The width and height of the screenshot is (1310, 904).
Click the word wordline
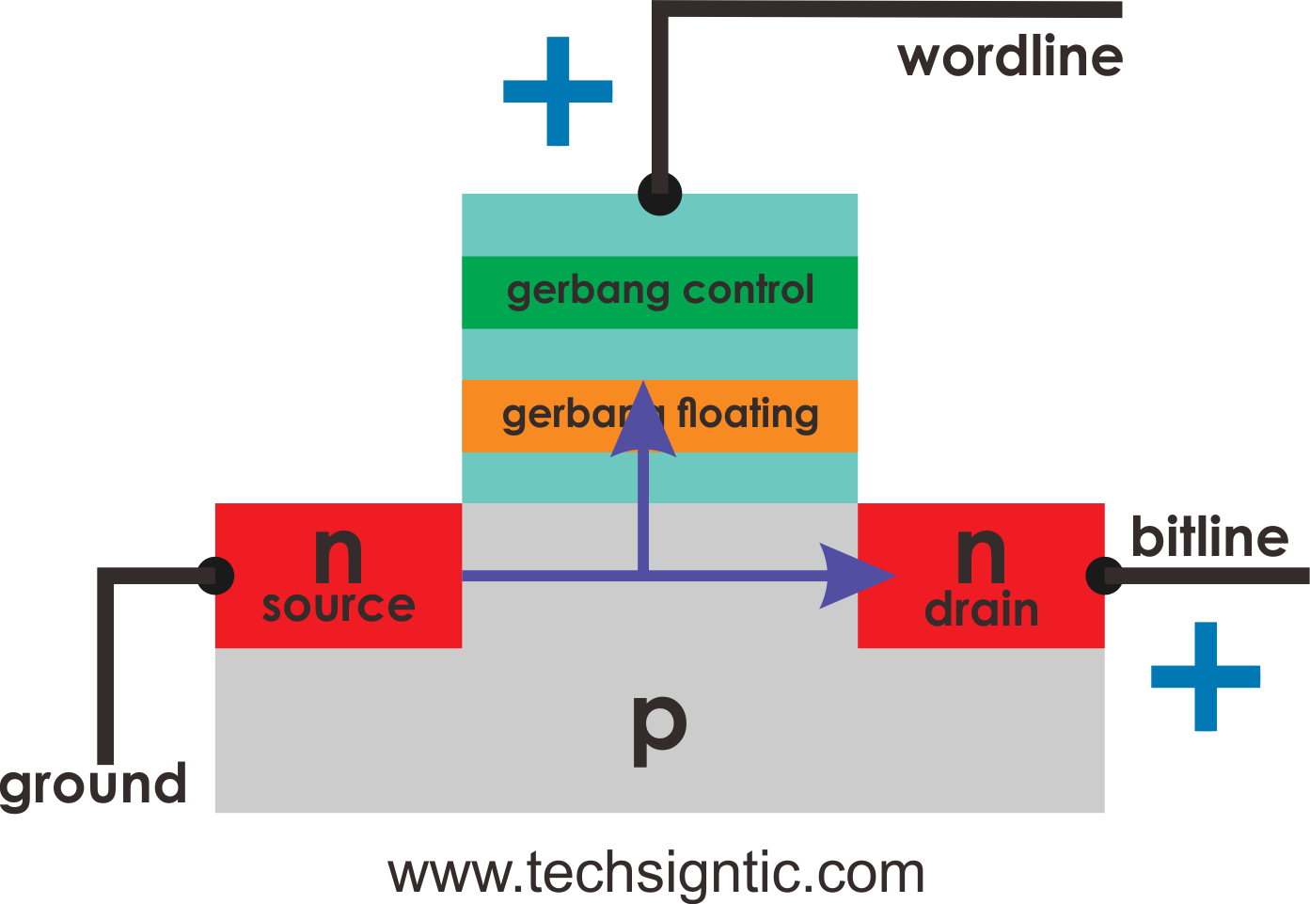tap(1010, 57)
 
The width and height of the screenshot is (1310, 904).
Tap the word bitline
tap(1208, 537)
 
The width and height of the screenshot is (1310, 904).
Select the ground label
tap(93, 785)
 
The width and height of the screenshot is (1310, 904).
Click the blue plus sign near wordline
tap(558, 91)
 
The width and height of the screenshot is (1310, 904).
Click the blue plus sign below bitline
tap(1206, 676)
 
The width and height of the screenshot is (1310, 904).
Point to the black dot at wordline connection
tap(659, 194)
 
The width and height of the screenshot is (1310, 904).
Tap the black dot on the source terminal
tap(215, 576)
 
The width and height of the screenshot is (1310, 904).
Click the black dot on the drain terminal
tap(1104, 576)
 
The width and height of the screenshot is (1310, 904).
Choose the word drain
tap(981, 611)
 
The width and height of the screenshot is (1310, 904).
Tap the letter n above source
tap(338, 555)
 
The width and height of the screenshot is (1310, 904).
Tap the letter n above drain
tap(980, 555)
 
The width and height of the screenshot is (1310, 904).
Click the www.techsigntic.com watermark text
tap(655, 874)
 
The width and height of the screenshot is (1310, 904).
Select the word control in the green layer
tap(748, 291)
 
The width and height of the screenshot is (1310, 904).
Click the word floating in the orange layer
tap(748, 414)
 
